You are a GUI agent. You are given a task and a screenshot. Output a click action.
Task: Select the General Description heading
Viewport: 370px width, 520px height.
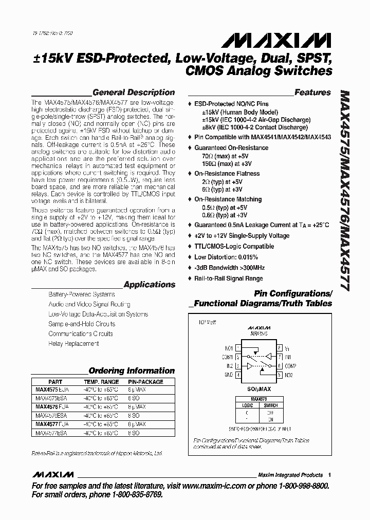134,92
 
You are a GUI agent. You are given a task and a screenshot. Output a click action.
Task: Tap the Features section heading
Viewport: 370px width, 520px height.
312,92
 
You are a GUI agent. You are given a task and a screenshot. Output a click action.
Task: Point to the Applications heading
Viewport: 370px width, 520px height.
150,285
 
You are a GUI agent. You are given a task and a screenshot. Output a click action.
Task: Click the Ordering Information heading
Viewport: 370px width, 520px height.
132,370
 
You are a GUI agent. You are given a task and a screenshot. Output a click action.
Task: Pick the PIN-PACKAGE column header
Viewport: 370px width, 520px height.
145,382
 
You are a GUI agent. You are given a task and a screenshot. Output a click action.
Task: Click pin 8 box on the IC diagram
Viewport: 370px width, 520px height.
279,348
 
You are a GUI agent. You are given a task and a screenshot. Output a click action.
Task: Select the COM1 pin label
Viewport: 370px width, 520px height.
227,357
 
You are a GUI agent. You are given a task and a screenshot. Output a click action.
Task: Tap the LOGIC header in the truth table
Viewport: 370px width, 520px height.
247,405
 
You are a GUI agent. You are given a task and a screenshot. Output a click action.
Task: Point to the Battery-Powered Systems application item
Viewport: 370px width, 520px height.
82,294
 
